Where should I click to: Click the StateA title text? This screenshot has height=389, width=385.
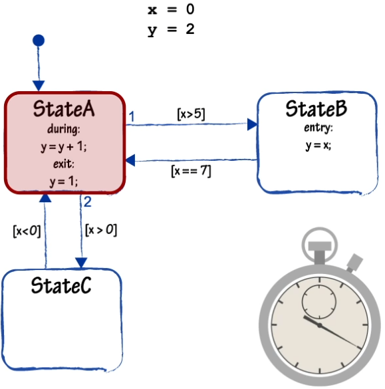tap(64, 108)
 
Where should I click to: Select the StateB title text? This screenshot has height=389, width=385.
tap(317, 108)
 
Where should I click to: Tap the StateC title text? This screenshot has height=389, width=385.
tap(61, 285)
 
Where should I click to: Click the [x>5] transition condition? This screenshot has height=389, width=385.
tap(191, 114)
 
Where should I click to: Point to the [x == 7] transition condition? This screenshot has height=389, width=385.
tap(191, 171)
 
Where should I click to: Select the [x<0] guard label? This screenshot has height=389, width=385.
tap(27, 231)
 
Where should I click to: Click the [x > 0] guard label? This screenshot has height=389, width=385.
tap(101, 230)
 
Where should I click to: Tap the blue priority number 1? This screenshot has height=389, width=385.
tap(132, 116)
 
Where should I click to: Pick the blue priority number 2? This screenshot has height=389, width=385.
tap(88, 201)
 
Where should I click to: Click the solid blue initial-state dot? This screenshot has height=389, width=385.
tap(39, 41)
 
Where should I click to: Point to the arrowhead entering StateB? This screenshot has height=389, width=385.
tap(252, 124)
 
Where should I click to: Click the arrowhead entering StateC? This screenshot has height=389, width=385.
tap(81, 263)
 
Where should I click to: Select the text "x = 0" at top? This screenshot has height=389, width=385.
tap(171, 9)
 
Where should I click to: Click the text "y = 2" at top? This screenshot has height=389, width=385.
tap(171, 29)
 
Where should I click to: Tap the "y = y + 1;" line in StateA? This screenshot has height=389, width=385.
tap(64, 147)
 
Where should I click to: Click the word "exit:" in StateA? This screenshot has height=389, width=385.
tap(64, 164)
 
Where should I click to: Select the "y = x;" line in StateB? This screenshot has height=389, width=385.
tap(319, 146)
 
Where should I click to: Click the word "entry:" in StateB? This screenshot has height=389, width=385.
tap(319, 128)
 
